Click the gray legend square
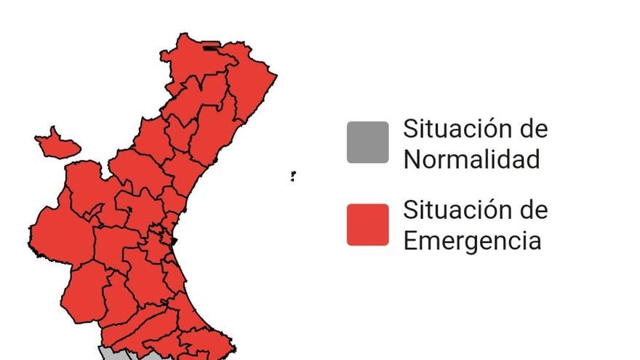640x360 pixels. click(x=367, y=143)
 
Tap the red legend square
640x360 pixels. click(x=367, y=225)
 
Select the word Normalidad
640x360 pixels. click(x=471, y=159)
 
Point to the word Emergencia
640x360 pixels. click(x=472, y=240)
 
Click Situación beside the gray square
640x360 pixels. click(x=449, y=129)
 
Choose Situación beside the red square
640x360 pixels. click(x=449, y=211)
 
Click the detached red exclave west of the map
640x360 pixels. click(x=55, y=143)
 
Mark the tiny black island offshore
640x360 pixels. click(x=292, y=175)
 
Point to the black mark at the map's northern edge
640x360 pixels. click(x=210, y=49)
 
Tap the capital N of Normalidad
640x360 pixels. click(x=412, y=159)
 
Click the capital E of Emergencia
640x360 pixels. click(x=411, y=240)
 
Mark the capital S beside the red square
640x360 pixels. click(x=412, y=211)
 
